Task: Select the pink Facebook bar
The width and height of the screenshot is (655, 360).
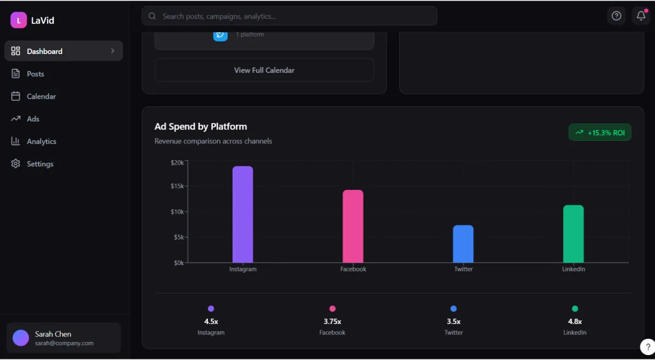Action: [x=353, y=226]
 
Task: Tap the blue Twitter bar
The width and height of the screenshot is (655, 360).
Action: [x=463, y=244]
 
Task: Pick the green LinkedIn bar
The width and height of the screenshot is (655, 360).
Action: [x=573, y=234]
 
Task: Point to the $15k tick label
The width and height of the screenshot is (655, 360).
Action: [x=177, y=186]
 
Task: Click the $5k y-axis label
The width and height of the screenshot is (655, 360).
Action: [x=178, y=237]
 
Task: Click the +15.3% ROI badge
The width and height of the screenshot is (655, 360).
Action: [x=600, y=133]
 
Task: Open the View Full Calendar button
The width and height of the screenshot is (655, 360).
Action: [x=264, y=70]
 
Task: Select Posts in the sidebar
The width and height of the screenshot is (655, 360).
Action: [x=35, y=74]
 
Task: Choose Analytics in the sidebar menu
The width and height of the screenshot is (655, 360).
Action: [x=41, y=141]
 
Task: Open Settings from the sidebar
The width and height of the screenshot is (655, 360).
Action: [x=40, y=164]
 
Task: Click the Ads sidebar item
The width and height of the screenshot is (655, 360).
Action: [x=33, y=119]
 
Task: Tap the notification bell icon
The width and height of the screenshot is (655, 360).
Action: [x=641, y=16]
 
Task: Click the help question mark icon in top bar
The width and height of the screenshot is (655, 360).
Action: [x=616, y=16]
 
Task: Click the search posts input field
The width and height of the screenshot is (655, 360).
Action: [x=289, y=16]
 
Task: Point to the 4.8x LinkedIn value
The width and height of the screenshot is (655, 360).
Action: [x=575, y=321]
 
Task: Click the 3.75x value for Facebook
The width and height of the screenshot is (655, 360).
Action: [x=332, y=321]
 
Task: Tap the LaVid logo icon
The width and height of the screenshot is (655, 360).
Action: [x=19, y=20]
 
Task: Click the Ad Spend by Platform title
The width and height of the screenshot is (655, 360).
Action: [x=201, y=127]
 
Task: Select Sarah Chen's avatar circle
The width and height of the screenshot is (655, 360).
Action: [x=21, y=338]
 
